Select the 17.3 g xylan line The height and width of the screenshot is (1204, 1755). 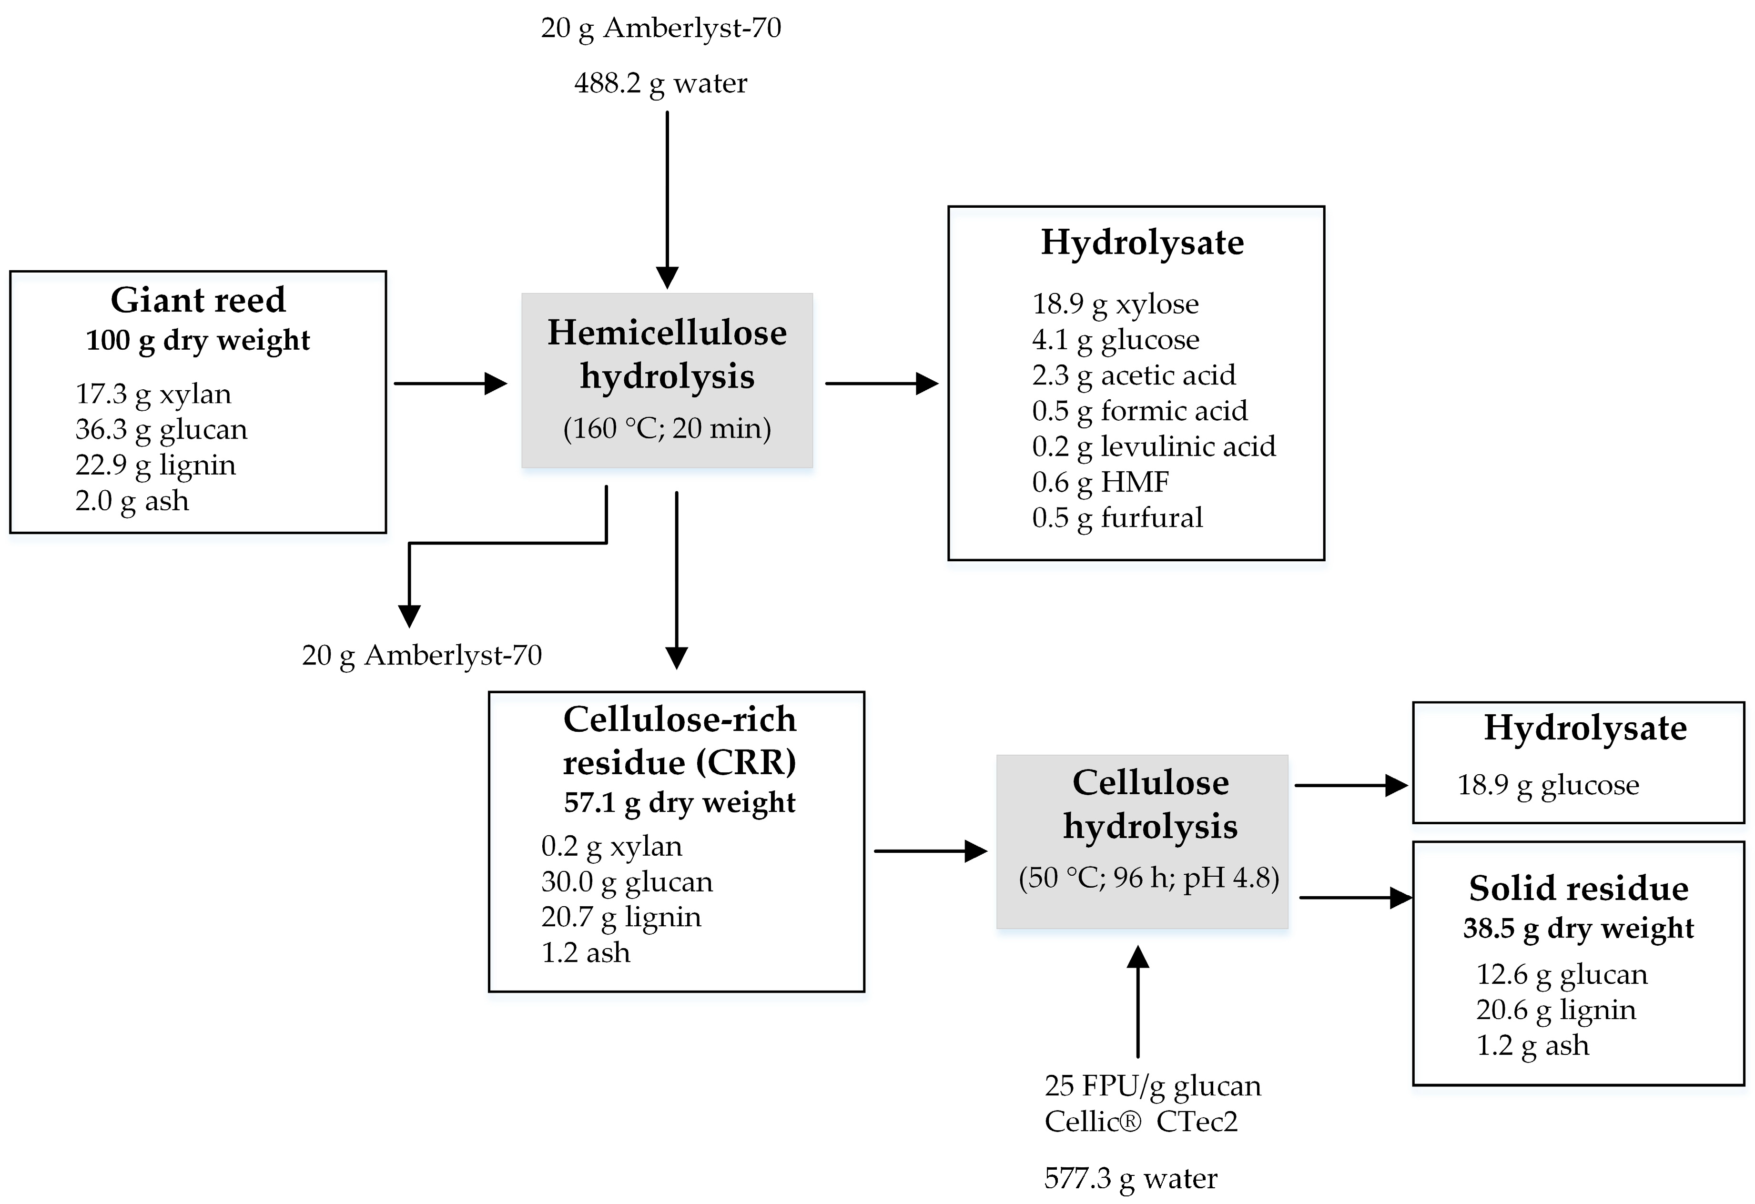coord(153,394)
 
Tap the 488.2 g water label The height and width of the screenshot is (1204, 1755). coord(660,83)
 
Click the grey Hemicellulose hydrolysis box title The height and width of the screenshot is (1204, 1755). coord(667,354)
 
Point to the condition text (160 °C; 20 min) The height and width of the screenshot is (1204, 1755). coord(667,429)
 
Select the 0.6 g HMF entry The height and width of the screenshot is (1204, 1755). coord(1100,482)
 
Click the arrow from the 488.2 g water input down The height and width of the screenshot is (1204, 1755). coord(667,200)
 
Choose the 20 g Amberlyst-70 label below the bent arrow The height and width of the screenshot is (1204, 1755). coord(421,655)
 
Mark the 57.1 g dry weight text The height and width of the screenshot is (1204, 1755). coord(679,802)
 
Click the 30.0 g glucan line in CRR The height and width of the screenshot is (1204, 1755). coord(626,881)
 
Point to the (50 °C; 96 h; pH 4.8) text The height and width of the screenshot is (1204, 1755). coord(1148,878)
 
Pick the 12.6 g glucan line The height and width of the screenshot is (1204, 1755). coord(1561,974)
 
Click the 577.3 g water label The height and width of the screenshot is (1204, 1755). coord(1130,1178)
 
